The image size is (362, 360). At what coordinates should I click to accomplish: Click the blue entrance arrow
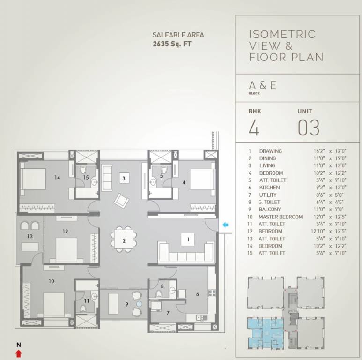225,225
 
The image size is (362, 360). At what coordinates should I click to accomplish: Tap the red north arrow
19,353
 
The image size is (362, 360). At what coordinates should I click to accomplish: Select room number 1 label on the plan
188,239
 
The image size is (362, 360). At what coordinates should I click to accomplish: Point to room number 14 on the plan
58,178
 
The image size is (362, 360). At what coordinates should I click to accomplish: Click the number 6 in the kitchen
198,294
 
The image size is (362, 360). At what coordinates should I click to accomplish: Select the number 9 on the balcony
126,303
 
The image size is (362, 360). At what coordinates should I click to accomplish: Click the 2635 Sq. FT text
172,44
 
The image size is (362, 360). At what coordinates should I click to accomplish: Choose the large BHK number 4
253,127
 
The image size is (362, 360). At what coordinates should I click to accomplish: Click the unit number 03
309,127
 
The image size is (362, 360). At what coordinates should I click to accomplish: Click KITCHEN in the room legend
269,187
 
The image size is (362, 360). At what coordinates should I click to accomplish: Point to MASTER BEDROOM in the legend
281,217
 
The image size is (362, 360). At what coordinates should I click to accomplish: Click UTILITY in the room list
268,195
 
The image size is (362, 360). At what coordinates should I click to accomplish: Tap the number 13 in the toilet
30,236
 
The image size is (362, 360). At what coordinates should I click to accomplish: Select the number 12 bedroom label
66,231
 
